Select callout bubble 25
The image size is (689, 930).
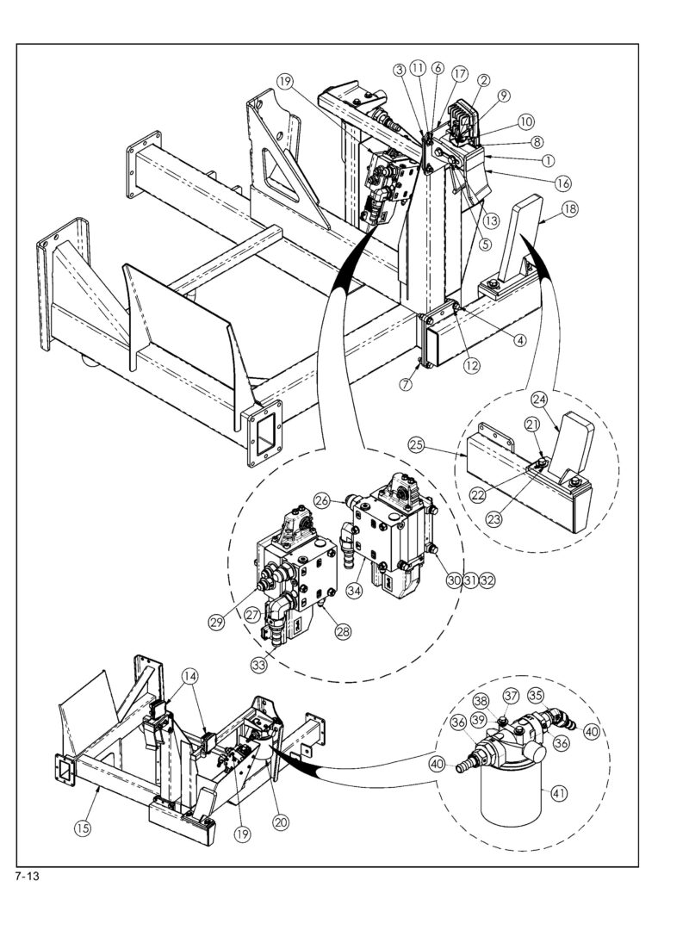pyautogui.click(x=417, y=444)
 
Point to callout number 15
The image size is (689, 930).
pyautogui.click(x=83, y=828)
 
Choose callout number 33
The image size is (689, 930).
pyautogui.click(x=258, y=665)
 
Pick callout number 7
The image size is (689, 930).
pyautogui.click(x=406, y=384)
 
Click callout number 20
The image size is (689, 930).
pyautogui.click(x=281, y=822)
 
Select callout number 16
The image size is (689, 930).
pyautogui.click(x=562, y=183)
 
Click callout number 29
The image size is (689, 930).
pyautogui.click(x=216, y=622)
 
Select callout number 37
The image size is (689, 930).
pyautogui.click(x=511, y=695)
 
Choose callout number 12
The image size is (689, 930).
pyautogui.click(x=472, y=365)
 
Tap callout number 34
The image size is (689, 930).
pyautogui.click(x=355, y=592)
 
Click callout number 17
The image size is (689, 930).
pyautogui.click(x=460, y=73)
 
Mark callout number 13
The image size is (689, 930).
pyautogui.click(x=491, y=220)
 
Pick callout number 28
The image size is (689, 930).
pyautogui.click(x=343, y=632)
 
